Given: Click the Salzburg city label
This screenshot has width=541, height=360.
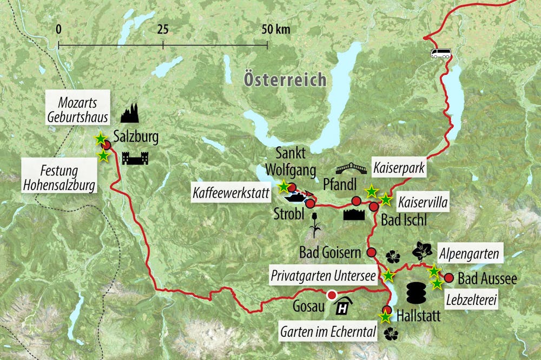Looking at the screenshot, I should [136, 138].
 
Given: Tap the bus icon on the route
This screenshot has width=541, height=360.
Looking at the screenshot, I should [441, 53].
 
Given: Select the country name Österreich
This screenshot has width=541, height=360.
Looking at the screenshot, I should [285, 80].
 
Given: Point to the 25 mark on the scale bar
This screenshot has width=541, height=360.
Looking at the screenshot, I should [163, 30].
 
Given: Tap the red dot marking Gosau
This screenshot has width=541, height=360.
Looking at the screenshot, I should [332, 295].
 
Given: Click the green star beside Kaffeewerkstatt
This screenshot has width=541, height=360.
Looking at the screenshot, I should [283, 187].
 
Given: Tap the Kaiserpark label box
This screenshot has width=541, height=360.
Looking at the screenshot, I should [398, 168].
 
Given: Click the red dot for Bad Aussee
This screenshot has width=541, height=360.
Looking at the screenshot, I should [448, 278].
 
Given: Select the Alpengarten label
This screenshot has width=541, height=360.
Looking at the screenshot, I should [469, 253].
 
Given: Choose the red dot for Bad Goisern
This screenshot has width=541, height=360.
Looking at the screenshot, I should [372, 252].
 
